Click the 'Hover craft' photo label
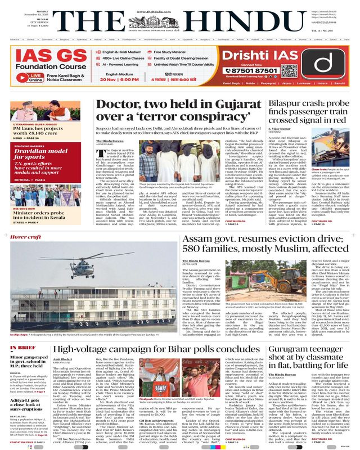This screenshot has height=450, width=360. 26,237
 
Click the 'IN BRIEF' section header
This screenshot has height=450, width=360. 23,332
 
